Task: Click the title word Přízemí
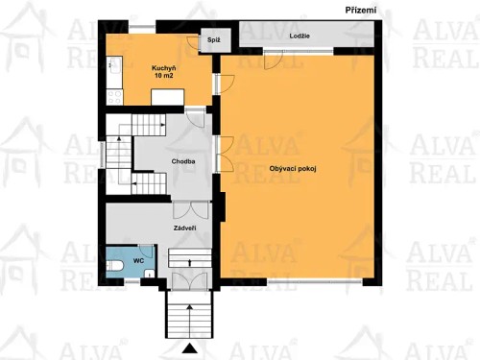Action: (x=360, y=10)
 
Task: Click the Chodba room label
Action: (x=183, y=161)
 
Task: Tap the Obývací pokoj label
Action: (x=293, y=169)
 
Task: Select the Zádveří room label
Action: (x=185, y=228)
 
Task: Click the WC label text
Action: (x=138, y=260)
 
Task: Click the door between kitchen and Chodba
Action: (x=194, y=112)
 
